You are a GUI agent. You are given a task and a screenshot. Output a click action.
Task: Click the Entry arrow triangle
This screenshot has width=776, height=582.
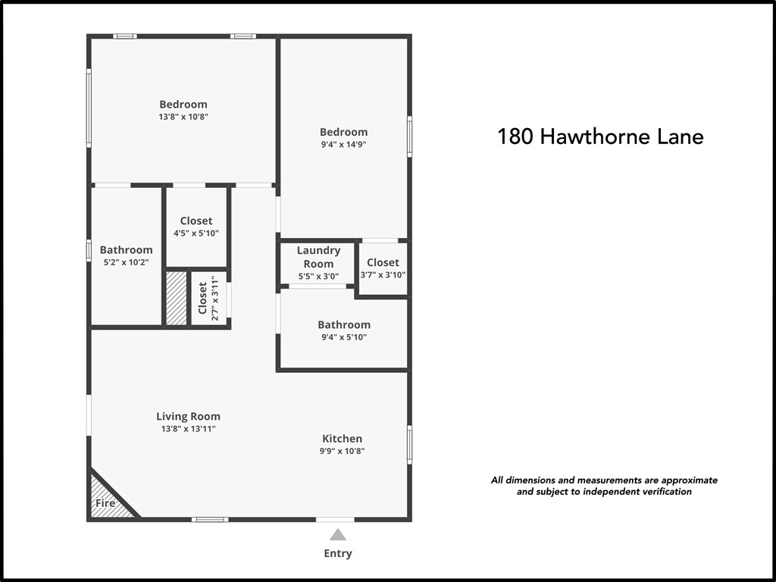[337, 535]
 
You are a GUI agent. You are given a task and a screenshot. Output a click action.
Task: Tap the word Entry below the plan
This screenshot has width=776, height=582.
[338, 553]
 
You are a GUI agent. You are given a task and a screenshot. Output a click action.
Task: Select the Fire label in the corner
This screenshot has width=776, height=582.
[105, 503]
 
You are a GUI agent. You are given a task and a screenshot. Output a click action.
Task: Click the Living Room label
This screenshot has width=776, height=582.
[188, 416]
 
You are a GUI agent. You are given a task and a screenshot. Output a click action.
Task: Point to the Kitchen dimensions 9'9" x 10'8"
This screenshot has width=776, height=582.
[343, 451]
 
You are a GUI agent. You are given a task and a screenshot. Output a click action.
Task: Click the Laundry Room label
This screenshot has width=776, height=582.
[318, 257]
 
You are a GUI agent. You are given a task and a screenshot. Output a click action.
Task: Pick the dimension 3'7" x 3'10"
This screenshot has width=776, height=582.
[383, 275]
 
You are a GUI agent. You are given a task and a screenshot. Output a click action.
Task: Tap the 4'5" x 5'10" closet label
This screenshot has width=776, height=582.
[196, 233]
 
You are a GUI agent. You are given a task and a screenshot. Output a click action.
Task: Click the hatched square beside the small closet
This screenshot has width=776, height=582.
[177, 299]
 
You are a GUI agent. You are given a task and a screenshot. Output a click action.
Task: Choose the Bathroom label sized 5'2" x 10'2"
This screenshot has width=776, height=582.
[126, 249]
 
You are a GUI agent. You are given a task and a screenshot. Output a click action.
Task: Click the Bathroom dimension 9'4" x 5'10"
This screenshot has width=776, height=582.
[344, 337]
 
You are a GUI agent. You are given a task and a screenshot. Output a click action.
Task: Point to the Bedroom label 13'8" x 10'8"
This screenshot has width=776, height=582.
[183, 104]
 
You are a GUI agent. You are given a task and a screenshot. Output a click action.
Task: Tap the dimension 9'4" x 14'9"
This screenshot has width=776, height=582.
[343, 144]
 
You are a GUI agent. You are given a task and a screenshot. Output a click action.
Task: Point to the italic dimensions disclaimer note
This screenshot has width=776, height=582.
[604, 486]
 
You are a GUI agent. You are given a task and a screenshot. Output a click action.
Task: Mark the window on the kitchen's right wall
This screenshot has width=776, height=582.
[410, 444]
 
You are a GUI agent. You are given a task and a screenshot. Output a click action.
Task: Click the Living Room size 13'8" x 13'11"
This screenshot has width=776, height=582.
[188, 428]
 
